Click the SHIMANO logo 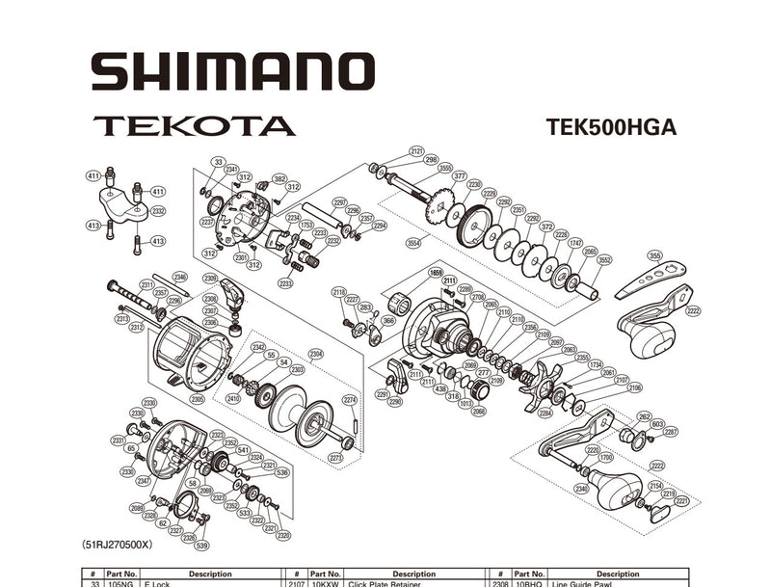[x=232, y=72]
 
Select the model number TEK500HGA [x=610, y=127]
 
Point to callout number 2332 [x=158, y=210]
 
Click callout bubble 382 [x=279, y=179]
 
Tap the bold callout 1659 [x=436, y=272]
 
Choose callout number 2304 [x=316, y=354]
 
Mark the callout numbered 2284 [x=545, y=414]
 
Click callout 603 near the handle [x=657, y=423]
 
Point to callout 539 [x=200, y=546]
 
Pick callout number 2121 [x=416, y=151]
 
